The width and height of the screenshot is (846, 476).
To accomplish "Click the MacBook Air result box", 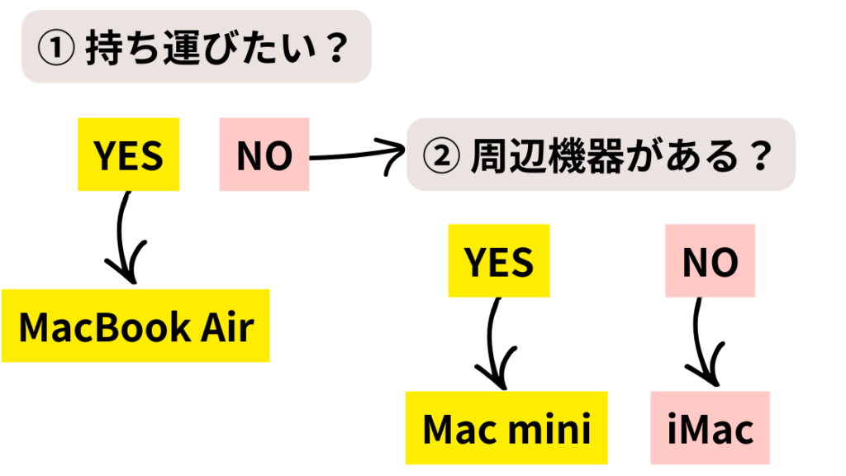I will [x=135, y=326].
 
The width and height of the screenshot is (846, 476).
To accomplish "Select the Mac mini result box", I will [x=506, y=428].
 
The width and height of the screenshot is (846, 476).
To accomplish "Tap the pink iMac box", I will [x=711, y=428].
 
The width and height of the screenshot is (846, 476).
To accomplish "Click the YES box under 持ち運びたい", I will [x=128, y=155].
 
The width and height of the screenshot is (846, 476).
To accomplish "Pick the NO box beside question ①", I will [x=264, y=155].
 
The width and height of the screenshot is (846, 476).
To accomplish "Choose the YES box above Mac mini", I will [x=498, y=261].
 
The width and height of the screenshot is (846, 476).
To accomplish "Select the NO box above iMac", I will [x=711, y=261].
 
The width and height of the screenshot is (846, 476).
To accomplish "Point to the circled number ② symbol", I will [x=440, y=155].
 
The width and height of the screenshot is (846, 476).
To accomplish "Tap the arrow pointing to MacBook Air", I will [x=124, y=240].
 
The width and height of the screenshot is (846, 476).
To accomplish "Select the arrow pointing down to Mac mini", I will [x=493, y=343].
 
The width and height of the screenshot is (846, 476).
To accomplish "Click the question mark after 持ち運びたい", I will [x=334, y=47].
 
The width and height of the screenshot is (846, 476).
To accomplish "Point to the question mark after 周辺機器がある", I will [x=757, y=155].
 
